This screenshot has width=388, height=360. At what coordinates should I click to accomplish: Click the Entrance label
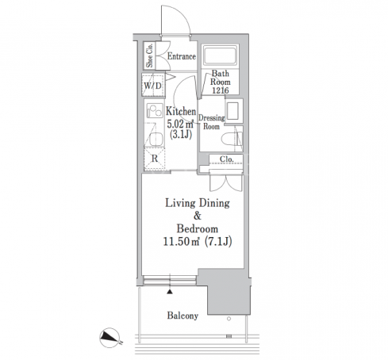(x=182, y=56)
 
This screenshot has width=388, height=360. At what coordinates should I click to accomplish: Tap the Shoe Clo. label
(x=149, y=56)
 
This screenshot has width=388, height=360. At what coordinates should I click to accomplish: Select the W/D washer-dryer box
(x=153, y=85)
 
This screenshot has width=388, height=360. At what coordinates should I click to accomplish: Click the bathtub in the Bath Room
(x=220, y=55)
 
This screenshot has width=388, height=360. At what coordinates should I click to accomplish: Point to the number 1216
(x=221, y=90)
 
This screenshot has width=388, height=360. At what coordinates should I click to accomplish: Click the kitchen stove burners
(x=155, y=110)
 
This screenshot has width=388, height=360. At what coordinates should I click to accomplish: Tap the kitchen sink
(x=155, y=139)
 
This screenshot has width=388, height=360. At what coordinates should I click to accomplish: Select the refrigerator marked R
(x=155, y=159)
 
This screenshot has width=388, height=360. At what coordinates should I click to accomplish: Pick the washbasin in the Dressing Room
(x=233, y=111)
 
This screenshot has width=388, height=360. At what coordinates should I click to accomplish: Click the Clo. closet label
(x=227, y=159)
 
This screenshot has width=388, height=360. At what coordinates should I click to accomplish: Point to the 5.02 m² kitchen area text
(x=180, y=124)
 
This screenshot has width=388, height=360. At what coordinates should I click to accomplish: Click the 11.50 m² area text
(x=181, y=241)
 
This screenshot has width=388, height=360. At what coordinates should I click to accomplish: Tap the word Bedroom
(x=198, y=228)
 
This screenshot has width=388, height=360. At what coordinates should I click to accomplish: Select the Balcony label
(x=182, y=316)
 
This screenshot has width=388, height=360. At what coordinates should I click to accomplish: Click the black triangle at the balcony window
(x=170, y=292)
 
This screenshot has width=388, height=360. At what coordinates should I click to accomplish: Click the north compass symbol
(x=109, y=338)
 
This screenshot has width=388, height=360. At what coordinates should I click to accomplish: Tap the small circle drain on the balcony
(x=229, y=319)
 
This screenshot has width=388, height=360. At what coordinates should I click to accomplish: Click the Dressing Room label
(x=212, y=122)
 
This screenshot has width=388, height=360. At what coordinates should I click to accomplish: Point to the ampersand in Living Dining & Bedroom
(x=198, y=216)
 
